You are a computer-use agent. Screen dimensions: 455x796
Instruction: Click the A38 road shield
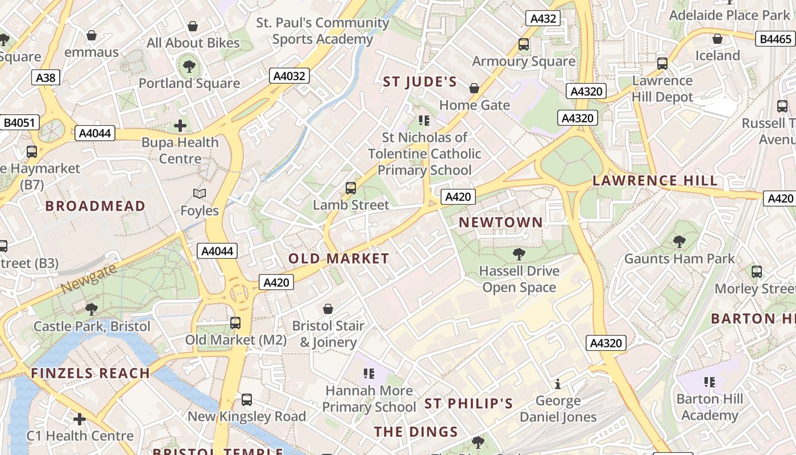coord(45,77)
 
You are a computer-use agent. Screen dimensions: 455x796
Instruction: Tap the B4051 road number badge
coord(19,122)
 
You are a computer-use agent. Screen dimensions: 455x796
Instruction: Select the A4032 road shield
coord(289,76)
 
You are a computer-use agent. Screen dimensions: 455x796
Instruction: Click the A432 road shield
coord(543,18)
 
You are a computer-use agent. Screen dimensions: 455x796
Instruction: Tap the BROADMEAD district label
coord(96,206)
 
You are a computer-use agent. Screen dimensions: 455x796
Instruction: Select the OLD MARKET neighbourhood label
coord(339,259)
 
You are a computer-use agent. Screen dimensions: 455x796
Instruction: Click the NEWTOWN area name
coord(501,222)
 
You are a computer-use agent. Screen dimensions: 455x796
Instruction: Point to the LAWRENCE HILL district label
coord(655,181)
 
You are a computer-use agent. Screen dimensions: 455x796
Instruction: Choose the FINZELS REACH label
coord(90,374)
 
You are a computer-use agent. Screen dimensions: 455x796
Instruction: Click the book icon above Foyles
coord(199,194)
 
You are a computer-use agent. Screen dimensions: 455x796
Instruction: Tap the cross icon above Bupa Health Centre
coord(180,125)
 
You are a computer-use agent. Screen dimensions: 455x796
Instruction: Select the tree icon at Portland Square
coord(189,66)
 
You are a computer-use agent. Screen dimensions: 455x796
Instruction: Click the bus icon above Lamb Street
coord(351,188)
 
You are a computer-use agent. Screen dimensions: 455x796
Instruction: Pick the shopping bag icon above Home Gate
coord(474,88)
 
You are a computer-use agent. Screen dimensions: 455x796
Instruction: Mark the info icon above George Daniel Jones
coord(558,384)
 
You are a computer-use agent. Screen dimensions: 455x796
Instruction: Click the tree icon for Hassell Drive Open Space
coord(519,254)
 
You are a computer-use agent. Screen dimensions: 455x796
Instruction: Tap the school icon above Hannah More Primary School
coord(369,374)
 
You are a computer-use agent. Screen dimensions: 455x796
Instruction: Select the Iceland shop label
coord(718,56)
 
